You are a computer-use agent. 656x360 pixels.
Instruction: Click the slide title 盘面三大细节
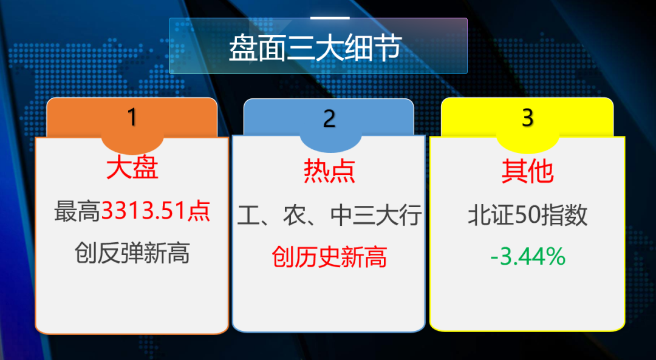pyautogui.click(x=315, y=49)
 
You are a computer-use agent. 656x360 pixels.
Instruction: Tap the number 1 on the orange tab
pyautogui.click(x=132, y=117)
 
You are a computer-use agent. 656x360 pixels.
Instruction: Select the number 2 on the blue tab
pyautogui.click(x=329, y=118)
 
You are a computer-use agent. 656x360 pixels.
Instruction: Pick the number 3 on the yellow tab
pyautogui.click(x=527, y=118)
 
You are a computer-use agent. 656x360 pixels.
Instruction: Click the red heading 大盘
pyautogui.click(x=132, y=168)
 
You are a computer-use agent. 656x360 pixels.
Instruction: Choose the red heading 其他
pyautogui.click(x=527, y=171)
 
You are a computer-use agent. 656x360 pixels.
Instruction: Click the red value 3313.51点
pyautogui.click(x=155, y=211)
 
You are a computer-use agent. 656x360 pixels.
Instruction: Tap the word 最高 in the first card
pyautogui.click(x=77, y=211)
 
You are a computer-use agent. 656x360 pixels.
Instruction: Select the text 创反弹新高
pyautogui.click(x=132, y=253)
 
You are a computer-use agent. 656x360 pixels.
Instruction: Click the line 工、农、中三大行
pyautogui.click(x=329, y=216)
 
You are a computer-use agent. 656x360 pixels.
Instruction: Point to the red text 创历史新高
pyautogui.click(x=329, y=257)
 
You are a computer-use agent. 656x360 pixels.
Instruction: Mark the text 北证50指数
pyautogui.click(x=527, y=216)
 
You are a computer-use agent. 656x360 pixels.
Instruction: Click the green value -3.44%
pyautogui.click(x=528, y=257)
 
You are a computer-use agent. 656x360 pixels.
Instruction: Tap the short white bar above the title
pyautogui.click(x=330, y=18)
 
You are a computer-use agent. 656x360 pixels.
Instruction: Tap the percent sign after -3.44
pyautogui.click(x=555, y=257)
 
